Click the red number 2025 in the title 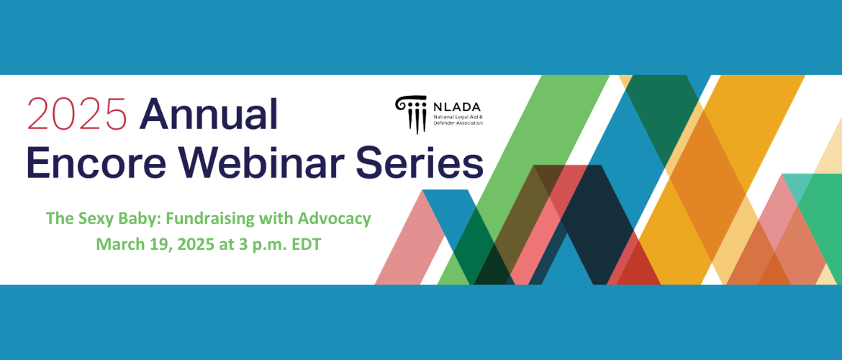[x=77, y=114]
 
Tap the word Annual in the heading [x=209, y=114]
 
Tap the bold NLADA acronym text [x=458, y=107]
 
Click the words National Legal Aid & [x=458, y=117]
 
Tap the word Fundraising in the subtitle [x=199, y=219]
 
